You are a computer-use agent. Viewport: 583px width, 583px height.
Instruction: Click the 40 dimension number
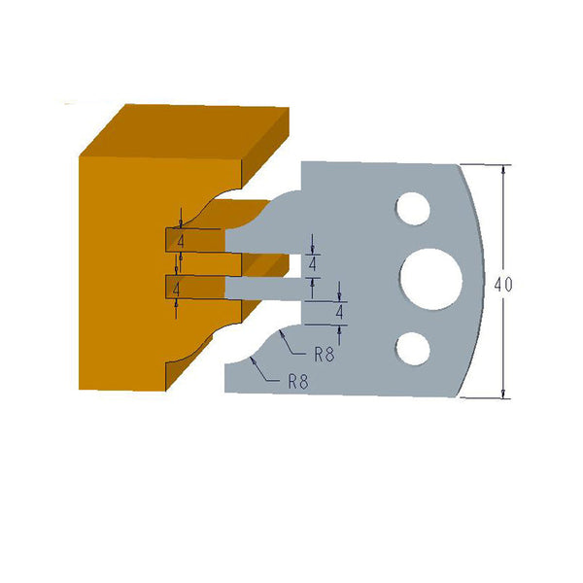click(x=502, y=285)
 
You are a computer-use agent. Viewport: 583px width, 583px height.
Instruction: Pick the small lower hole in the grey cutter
click(x=411, y=347)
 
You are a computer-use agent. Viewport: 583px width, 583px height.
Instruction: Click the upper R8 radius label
click(x=324, y=355)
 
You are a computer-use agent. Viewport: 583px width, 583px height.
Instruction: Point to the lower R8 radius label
click(x=298, y=382)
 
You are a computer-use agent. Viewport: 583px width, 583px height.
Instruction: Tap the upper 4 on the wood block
click(x=180, y=239)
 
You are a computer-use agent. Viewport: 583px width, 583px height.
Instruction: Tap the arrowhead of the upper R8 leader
click(x=279, y=331)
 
